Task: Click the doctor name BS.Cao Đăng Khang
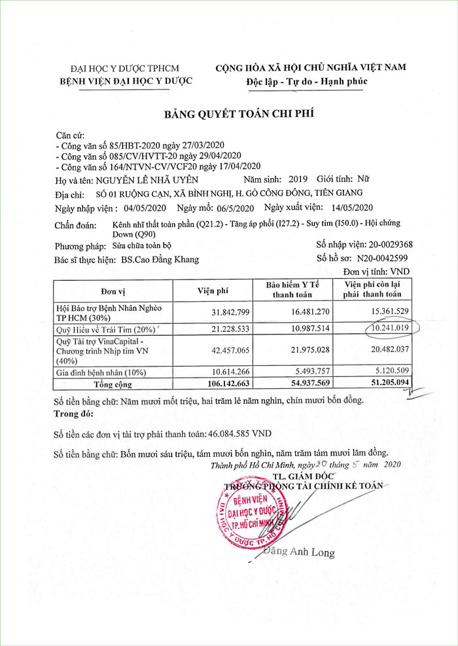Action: pyautogui.click(x=160, y=259)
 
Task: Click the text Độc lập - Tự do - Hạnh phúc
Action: pyautogui.click(x=306, y=81)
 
